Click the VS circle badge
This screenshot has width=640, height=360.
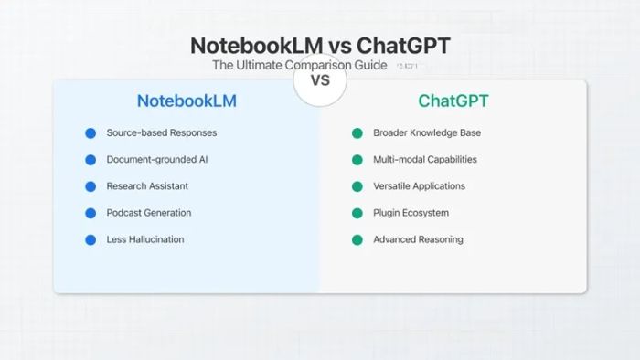point(320,80)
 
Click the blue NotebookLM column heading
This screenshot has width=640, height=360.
point(187,101)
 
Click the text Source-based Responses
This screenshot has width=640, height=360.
point(161,132)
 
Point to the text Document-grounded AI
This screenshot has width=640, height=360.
point(157,159)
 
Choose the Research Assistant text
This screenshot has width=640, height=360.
point(147,185)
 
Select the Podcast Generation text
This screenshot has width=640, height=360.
point(148,213)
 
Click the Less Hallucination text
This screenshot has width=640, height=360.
point(144,239)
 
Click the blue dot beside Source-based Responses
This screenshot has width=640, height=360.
point(91,133)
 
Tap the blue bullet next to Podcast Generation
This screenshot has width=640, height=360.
point(91,213)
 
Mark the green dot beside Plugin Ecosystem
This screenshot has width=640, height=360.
point(357,213)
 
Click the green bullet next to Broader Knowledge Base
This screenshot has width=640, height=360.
point(357,133)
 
